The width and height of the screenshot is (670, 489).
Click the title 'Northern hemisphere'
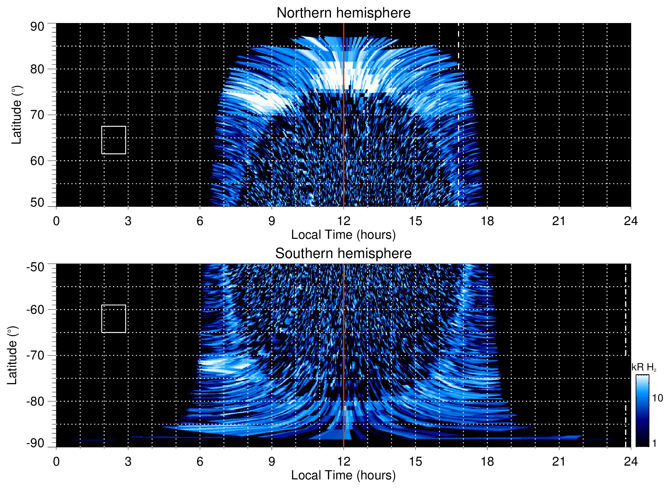343,13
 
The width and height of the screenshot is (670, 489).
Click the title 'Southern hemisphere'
343,254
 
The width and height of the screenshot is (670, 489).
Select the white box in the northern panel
114,140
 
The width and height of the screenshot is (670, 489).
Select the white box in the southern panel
114,319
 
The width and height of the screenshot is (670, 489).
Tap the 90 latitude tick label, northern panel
37,27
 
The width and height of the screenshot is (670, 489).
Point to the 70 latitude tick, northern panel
37,115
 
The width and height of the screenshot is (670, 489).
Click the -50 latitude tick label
35,267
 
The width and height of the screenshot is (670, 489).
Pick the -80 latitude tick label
35,401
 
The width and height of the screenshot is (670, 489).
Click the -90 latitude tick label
35,443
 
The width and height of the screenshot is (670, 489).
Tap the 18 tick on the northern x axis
487,221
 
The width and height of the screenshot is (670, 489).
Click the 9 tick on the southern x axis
272,462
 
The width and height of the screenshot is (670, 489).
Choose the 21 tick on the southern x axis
559,462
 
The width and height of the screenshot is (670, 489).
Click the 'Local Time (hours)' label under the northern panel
343,235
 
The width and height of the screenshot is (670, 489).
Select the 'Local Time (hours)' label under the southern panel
343,475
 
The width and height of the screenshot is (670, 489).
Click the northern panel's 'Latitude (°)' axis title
16,115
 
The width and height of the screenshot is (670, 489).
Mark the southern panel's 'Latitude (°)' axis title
12,355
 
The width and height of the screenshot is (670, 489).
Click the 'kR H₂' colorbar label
644,368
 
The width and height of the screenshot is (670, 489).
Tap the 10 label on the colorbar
657,398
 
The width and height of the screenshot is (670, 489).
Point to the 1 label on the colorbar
654,443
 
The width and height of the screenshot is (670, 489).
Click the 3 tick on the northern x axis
128,221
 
